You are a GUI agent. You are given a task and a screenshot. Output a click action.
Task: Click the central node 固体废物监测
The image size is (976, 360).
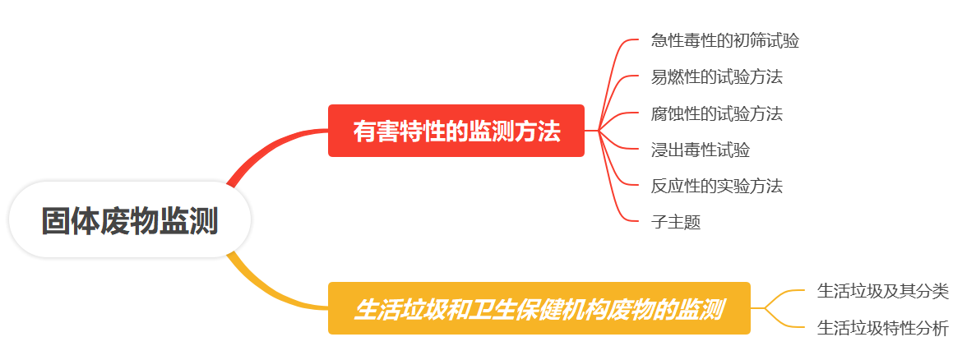pyautogui.click(x=130, y=220)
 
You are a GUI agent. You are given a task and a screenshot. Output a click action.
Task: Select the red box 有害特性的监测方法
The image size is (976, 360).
pyautogui.click(x=456, y=131)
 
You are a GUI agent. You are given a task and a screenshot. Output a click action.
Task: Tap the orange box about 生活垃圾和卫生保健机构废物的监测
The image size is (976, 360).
pyautogui.click(x=539, y=309)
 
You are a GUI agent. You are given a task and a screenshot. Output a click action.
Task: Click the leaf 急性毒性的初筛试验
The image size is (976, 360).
pyautogui.click(x=724, y=40)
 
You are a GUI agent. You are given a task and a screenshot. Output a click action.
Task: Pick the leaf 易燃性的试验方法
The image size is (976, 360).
pyautogui.click(x=716, y=77)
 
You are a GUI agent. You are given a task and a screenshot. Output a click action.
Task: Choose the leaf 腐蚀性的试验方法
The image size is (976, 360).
pyautogui.click(x=716, y=113)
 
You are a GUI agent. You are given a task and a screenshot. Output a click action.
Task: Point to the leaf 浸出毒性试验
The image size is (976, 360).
pyautogui.click(x=700, y=150)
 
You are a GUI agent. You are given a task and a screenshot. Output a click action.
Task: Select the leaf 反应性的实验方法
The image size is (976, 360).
pyautogui.click(x=716, y=186)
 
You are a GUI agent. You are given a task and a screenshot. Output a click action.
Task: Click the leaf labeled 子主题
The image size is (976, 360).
pyautogui.click(x=675, y=222)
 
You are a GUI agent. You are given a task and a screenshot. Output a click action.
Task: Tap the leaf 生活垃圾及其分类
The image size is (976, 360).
pyautogui.click(x=882, y=291)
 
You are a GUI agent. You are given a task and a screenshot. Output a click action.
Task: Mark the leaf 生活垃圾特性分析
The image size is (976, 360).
pyautogui.click(x=882, y=329)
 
